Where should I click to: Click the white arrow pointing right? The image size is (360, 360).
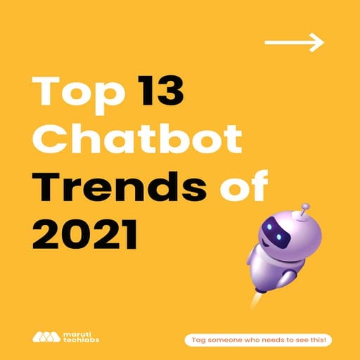click(294, 42)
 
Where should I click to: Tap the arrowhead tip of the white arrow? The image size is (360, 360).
click(322, 42)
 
